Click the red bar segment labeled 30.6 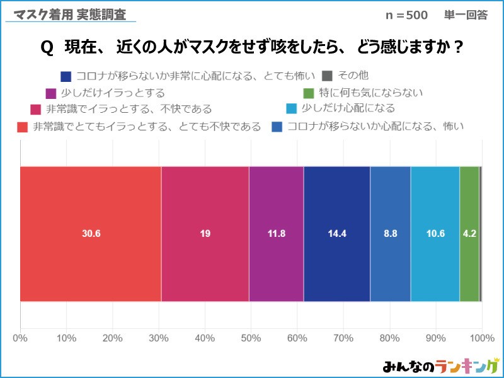pos(91,234)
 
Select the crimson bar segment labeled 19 pos(205,234)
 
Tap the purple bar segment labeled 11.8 pos(276,234)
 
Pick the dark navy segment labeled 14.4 pos(336,234)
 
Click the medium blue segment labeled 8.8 pos(390,234)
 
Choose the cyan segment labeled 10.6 pos(435,234)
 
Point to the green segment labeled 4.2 pos(469,234)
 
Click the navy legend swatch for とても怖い pos(66,77)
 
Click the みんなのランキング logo pos(440,366)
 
